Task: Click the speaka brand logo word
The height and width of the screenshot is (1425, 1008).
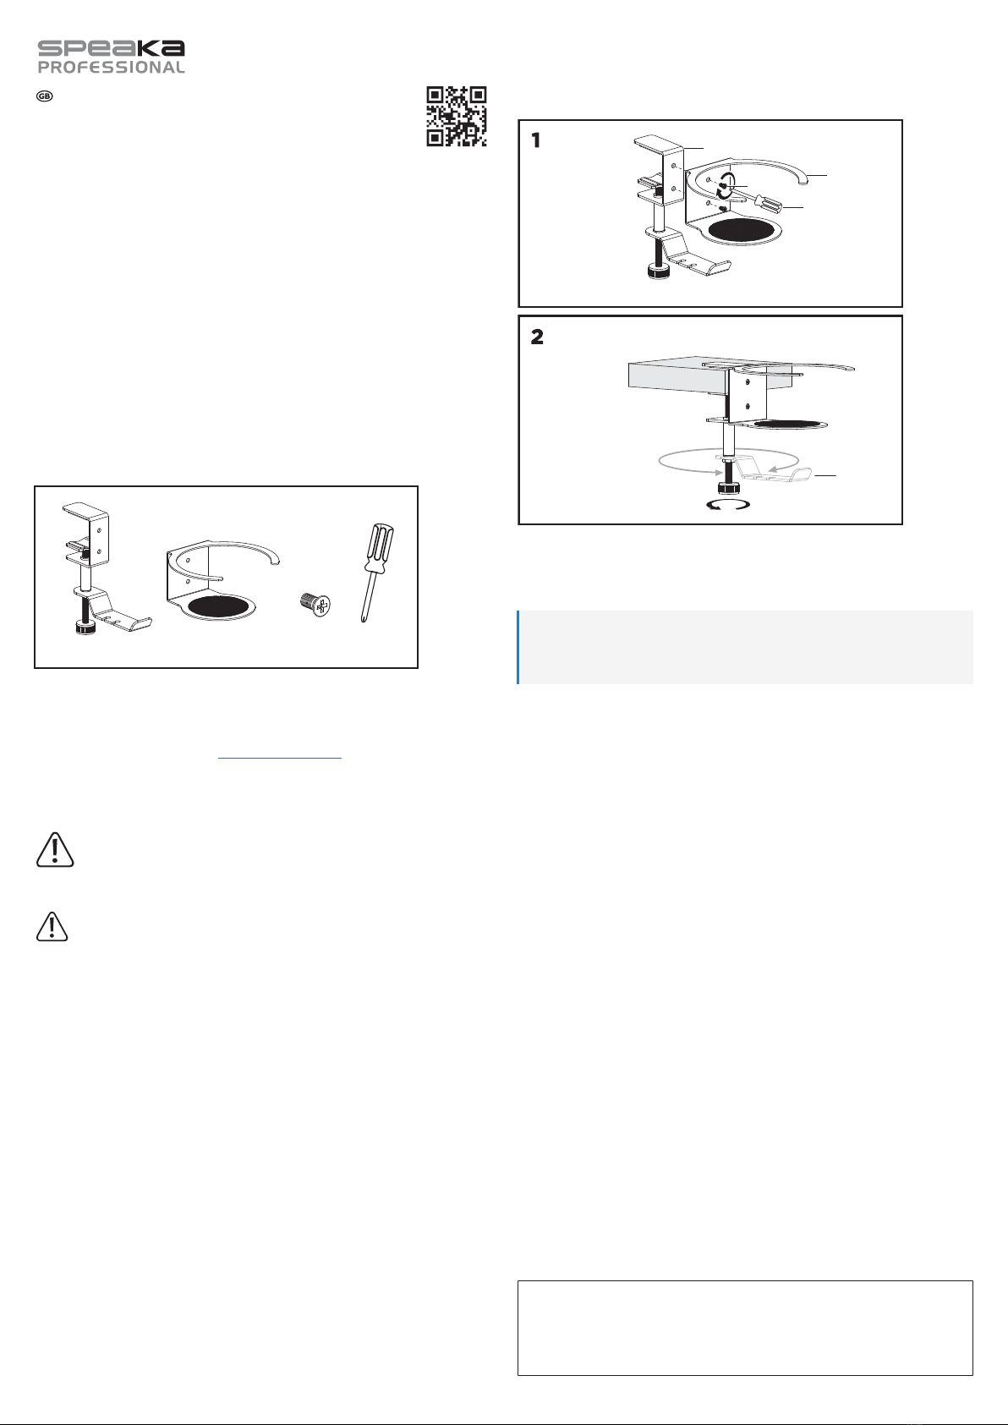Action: click(112, 48)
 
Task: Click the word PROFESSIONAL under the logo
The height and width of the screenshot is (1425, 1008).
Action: click(112, 68)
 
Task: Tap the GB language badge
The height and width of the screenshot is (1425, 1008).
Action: click(45, 96)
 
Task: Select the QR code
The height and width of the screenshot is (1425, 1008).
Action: click(457, 116)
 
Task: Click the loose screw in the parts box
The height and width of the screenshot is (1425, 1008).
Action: click(315, 604)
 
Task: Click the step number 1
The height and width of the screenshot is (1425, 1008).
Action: click(536, 140)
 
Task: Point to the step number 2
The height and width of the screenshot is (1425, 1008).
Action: click(537, 337)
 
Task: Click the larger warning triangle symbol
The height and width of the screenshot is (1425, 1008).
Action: click(55, 849)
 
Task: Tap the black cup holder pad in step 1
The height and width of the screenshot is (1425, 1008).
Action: click(742, 230)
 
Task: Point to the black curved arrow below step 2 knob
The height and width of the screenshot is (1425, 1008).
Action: click(729, 507)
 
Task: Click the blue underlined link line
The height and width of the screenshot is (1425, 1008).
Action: click(280, 759)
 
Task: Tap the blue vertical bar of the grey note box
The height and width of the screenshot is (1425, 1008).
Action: click(518, 648)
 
